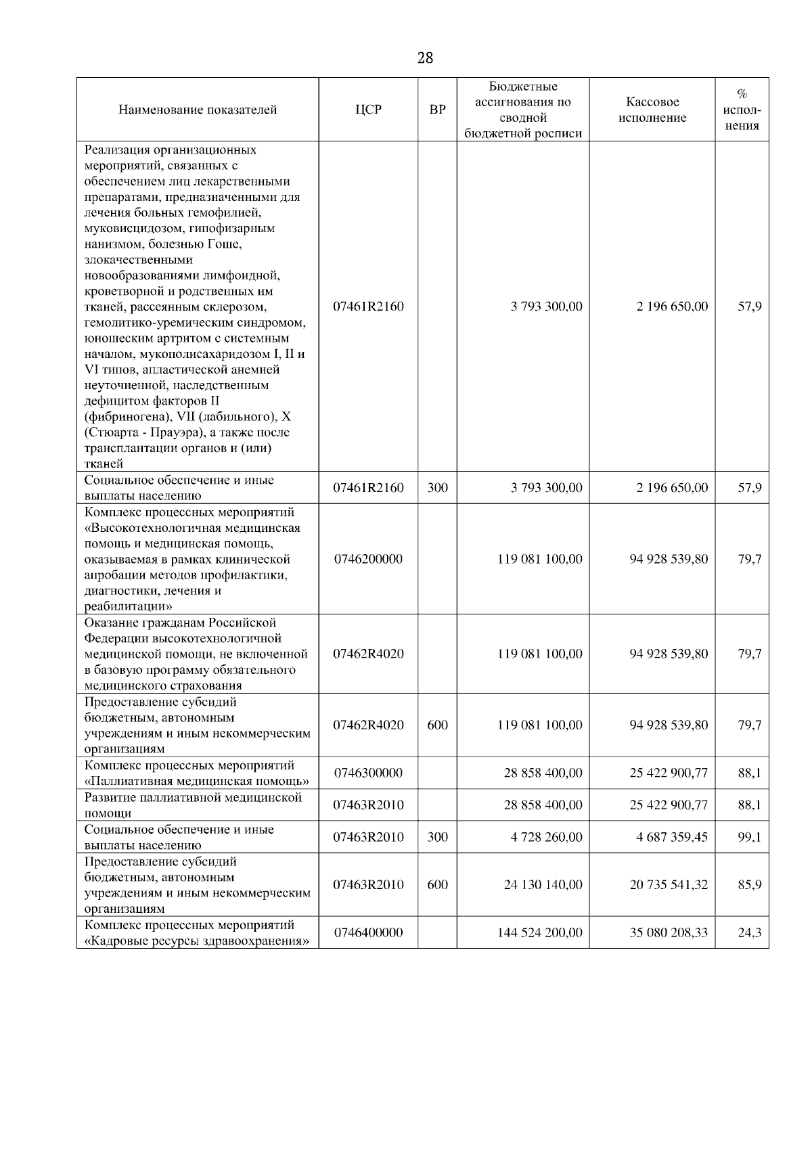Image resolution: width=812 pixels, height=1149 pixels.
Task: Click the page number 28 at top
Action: pyautogui.click(x=425, y=58)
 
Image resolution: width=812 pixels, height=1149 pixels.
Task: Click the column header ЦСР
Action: pyautogui.click(x=368, y=110)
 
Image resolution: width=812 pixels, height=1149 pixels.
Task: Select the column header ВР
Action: pyautogui.click(x=438, y=110)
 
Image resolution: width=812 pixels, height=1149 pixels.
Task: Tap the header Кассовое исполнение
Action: pyautogui.click(x=652, y=110)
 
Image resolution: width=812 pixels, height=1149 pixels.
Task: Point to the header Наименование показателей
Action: pyautogui.click(x=198, y=110)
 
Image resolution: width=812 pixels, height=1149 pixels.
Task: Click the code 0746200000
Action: pyautogui.click(x=368, y=559)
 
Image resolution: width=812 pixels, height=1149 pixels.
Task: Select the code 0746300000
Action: pyautogui.click(x=368, y=773)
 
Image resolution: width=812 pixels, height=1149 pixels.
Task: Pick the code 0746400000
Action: pyautogui.click(x=368, y=932)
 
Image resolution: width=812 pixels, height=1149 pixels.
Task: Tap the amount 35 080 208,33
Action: pyautogui.click(x=669, y=932)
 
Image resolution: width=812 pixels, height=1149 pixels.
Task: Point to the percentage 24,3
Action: pyautogui.click(x=749, y=932)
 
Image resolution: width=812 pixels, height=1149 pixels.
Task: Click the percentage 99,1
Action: pyautogui.click(x=749, y=837)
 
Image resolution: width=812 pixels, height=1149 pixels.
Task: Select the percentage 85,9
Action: pyautogui.click(x=749, y=884)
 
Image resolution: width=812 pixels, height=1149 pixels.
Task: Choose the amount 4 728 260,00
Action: pyautogui.click(x=546, y=837)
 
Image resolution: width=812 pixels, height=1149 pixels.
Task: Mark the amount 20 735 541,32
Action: pyautogui.click(x=669, y=884)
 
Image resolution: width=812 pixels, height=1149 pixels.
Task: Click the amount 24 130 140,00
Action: pyautogui.click(x=543, y=884)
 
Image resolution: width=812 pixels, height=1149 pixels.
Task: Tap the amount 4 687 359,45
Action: pyautogui.click(x=671, y=837)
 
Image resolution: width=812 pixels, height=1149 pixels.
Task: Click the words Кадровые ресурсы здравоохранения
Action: pyautogui.click(x=196, y=941)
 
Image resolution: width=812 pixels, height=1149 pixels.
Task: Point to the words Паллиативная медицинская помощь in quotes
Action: pyautogui.click(x=196, y=782)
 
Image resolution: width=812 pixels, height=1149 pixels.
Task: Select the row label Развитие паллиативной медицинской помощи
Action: pyautogui.click(x=193, y=805)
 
